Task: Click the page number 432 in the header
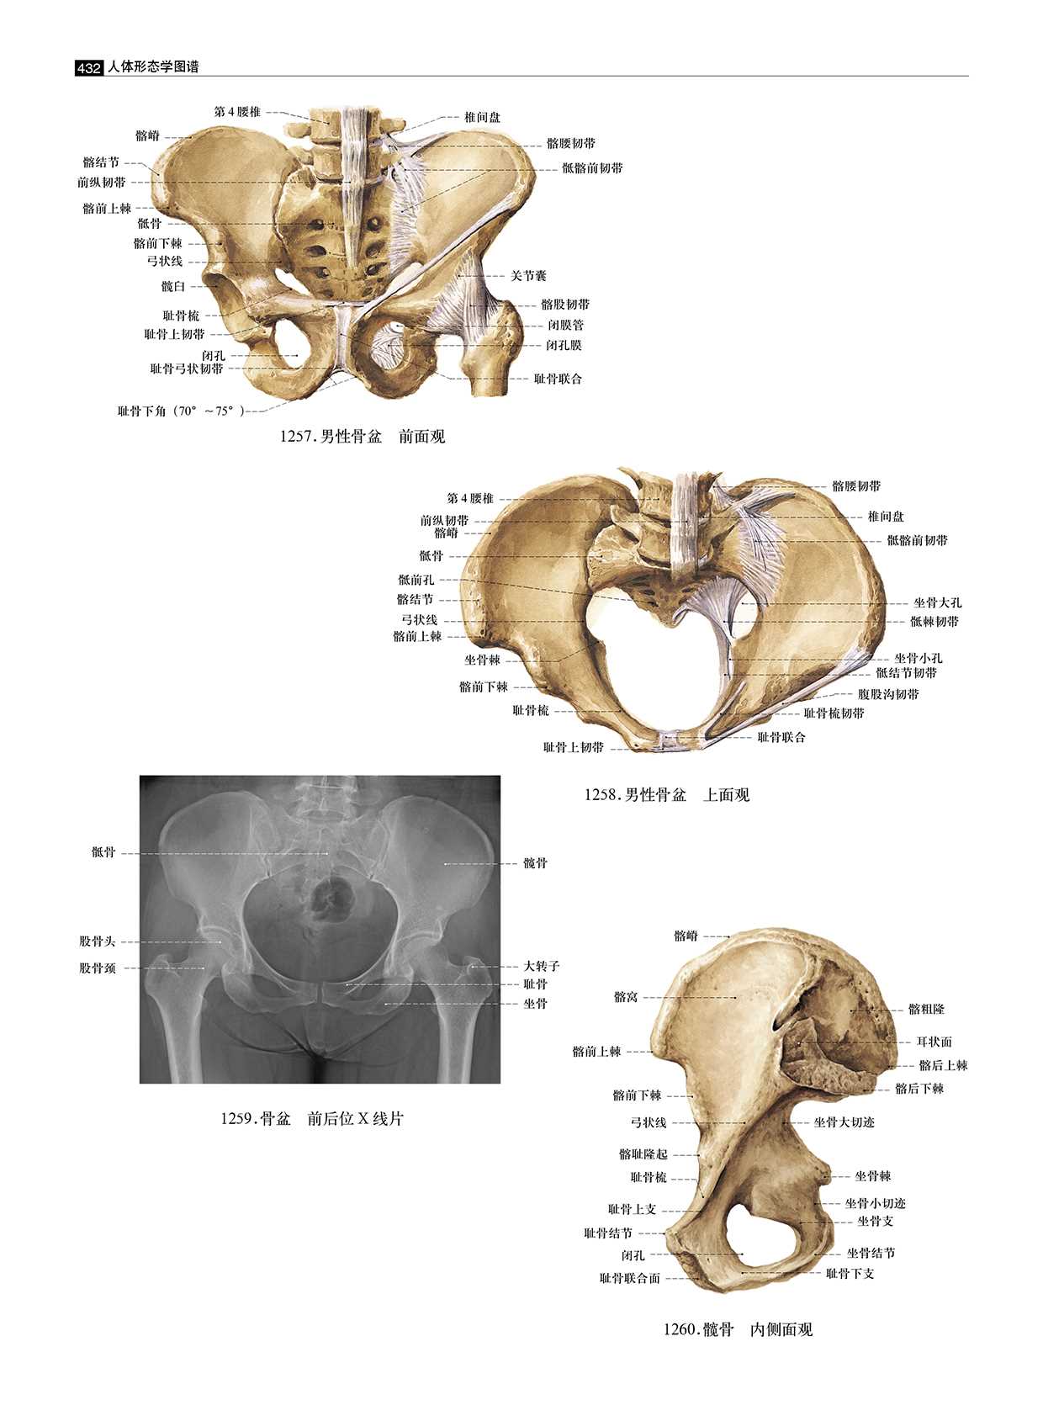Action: click(88, 68)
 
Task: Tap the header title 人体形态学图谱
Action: click(153, 67)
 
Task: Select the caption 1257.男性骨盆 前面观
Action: click(363, 437)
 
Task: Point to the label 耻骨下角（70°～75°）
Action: click(181, 411)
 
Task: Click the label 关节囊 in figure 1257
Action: click(528, 276)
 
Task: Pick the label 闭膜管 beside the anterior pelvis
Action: click(566, 325)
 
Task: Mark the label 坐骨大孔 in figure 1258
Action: click(938, 603)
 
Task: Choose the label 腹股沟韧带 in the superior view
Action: click(888, 695)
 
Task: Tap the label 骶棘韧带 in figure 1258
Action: click(934, 622)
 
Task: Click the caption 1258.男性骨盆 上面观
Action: click(667, 795)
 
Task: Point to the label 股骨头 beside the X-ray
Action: click(98, 941)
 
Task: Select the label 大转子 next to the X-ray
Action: click(542, 967)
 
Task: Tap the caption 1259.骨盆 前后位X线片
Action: click(312, 1119)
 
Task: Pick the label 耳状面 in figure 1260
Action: click(934, 1042)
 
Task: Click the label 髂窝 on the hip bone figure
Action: click(626, 997)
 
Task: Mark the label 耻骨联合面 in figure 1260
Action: click(630, 1278)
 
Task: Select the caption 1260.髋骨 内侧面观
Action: click(738, 1330)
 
